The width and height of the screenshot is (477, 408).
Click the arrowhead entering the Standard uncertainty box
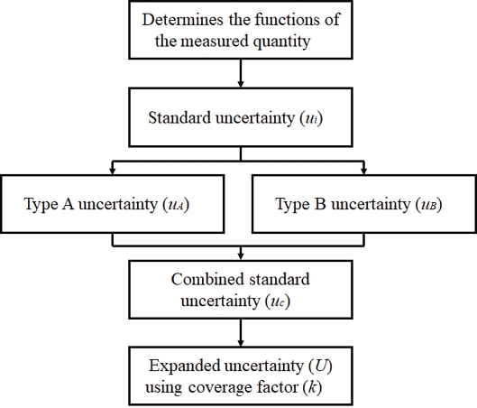(240, 81)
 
